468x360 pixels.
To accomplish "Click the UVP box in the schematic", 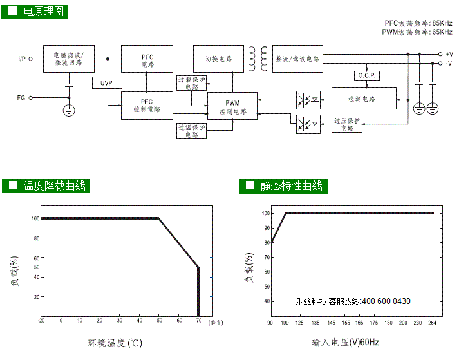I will point(106,83).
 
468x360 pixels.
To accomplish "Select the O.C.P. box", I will point(365,76).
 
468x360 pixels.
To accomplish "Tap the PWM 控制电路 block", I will point(232,107).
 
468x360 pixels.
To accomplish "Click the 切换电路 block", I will point(218,59).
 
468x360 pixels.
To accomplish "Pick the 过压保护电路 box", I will point(348,124).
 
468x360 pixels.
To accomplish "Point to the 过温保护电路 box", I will point(192,131).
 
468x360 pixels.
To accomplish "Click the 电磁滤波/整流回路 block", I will point(69,59).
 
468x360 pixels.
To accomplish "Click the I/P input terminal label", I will point(22,59).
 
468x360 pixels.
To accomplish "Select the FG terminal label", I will point(21,98).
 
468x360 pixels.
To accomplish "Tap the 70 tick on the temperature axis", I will point(198,320).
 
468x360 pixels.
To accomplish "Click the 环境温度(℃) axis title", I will point(115,343).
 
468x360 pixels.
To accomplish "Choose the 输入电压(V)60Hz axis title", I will point(345,343).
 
